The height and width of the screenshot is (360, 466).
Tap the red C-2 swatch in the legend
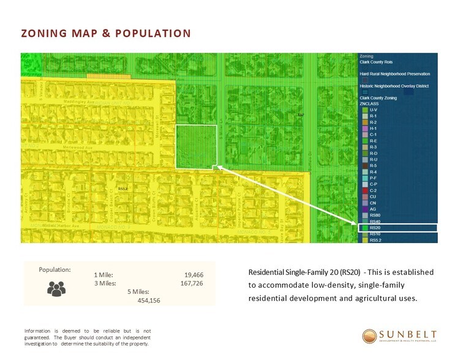tap(365, 190)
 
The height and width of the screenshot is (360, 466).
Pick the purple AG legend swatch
tap(365, 209)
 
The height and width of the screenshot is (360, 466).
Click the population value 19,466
tap(193, 276)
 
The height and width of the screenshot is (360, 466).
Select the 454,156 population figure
tap(149, 300)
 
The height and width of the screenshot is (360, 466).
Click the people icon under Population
tap(56, 289)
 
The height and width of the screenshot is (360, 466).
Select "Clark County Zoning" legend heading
tap(378, 98)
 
